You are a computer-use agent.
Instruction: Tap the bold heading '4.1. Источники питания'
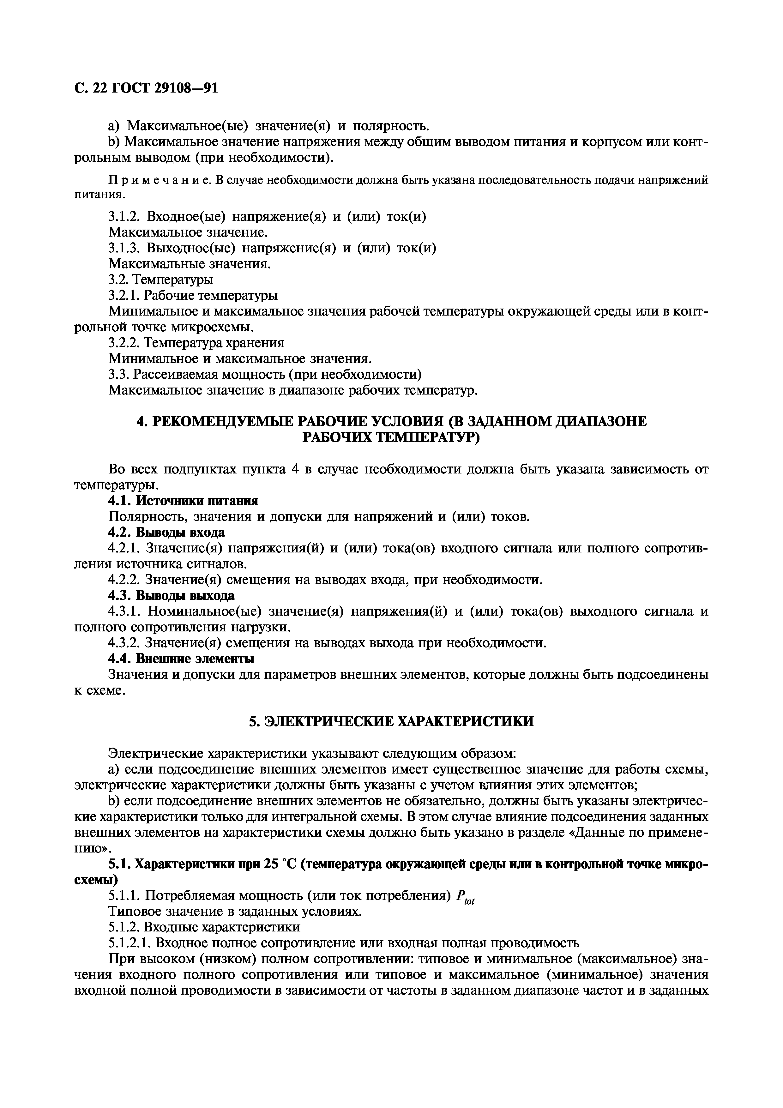coord(183,501)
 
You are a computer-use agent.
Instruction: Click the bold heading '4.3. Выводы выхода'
coord(171,596)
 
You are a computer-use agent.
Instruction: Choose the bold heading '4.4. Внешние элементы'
coord(181,659)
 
